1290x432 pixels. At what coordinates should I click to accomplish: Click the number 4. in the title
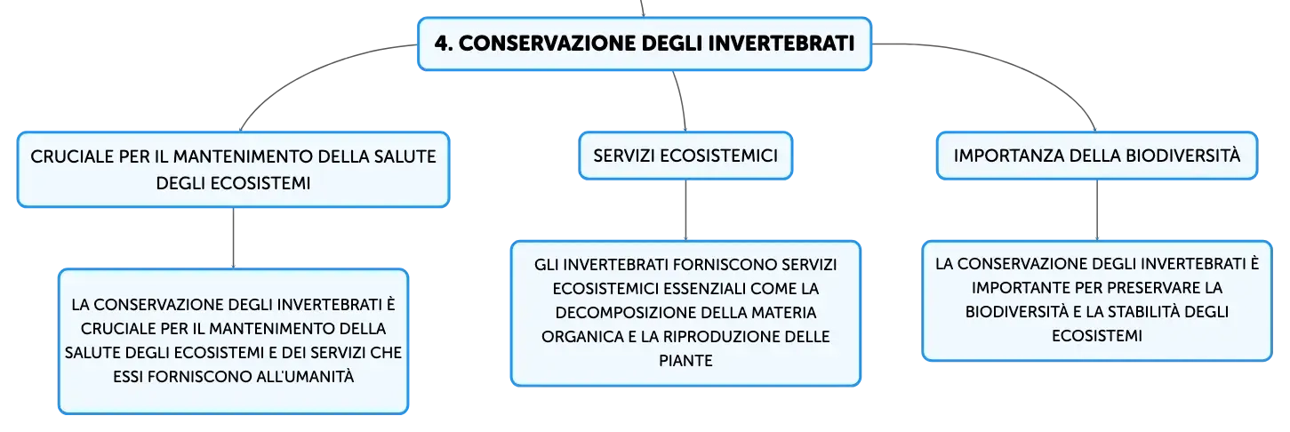tap(444, 44)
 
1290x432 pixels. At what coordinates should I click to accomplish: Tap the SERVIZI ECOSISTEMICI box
tap(685, 156)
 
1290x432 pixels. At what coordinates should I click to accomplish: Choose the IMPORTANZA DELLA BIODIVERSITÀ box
tap(1096, 156)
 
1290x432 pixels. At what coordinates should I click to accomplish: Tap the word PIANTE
tap(685, 361)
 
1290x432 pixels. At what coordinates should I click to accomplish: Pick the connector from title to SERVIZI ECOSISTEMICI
tap(681, 100)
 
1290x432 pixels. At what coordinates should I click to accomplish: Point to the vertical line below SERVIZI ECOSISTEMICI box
tap(685, 210)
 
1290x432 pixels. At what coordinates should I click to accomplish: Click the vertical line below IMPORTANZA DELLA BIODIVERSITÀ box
tap(1096, 210)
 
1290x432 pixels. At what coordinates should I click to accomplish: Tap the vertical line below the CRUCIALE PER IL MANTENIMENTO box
tap(233, 238)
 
